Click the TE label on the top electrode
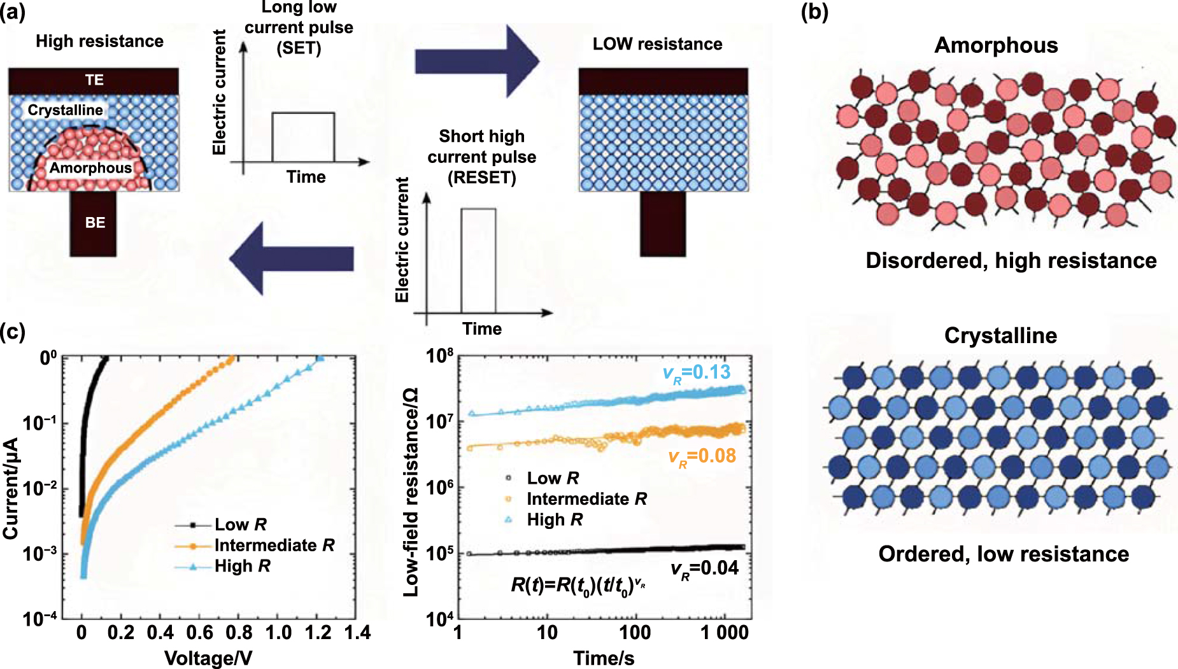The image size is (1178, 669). click(x=94, y=80)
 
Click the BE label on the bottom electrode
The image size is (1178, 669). click(x=95, y=223)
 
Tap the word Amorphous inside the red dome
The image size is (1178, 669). click(x=90, y=168)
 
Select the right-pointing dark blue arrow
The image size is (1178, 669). click(x=477, y=62)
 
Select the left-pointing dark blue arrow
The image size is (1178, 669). click(x=291, y=258)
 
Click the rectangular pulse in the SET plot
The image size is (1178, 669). click(x=303, y=137)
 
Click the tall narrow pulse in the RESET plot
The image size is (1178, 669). click(x=478, y=260)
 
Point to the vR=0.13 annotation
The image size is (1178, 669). click(x=697, y=372)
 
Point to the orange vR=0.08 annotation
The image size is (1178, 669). click(x=702, y=456)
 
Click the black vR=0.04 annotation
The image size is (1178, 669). click(x=704, y=568)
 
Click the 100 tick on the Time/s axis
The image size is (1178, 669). click(x=635, y=633)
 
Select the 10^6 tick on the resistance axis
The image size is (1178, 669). click(x=440, y=488)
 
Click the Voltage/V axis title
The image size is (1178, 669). click(x=208, y=658)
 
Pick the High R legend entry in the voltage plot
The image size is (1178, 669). click(x=242, y=566)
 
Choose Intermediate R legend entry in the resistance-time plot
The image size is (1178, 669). click(x=586, y=499)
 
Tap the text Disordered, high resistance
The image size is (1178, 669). click(x=1011, y=261)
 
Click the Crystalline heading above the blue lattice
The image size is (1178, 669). click(x=1000, y=335)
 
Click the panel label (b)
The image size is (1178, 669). click(x=814, y=12)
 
